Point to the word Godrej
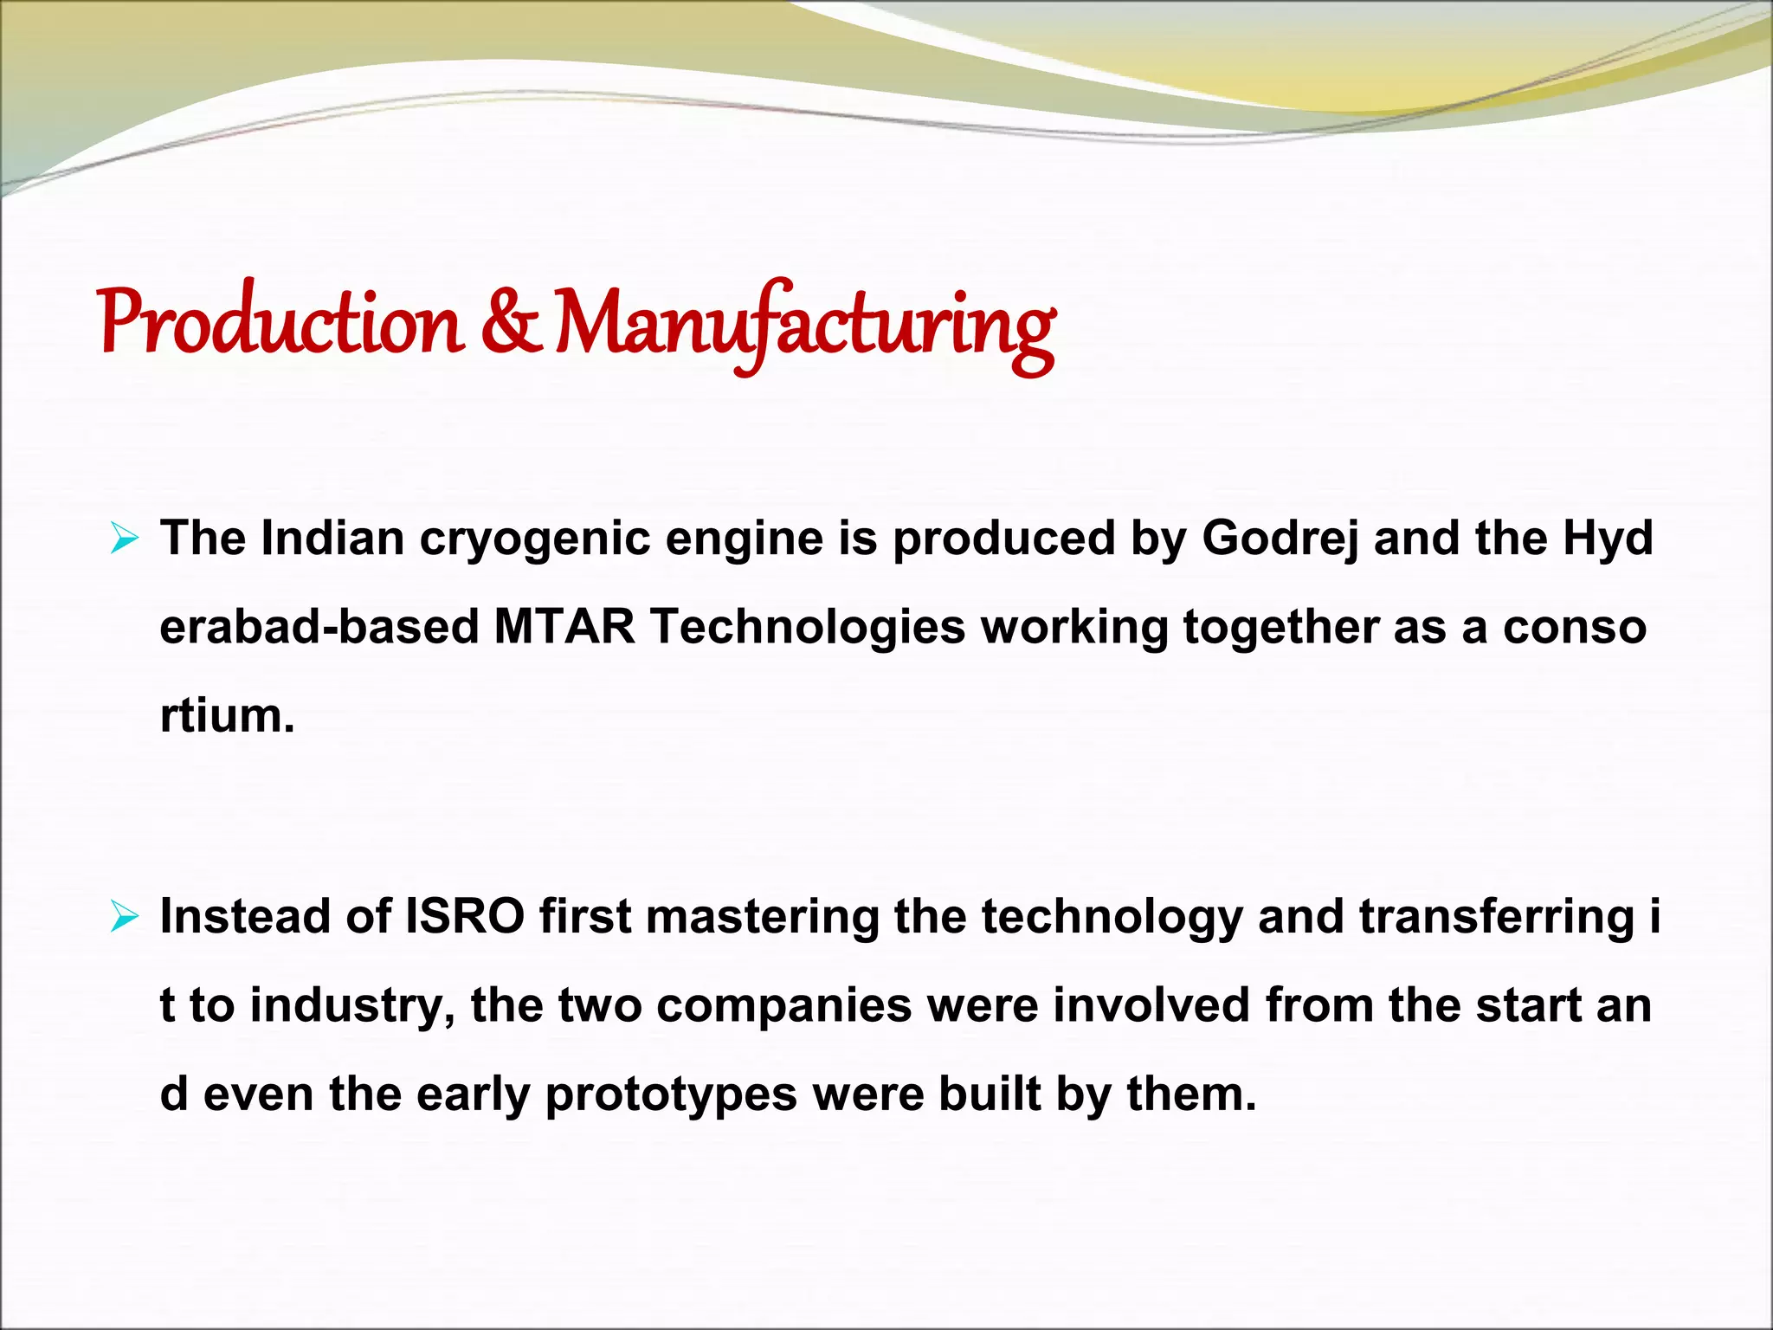1280,539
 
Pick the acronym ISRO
465,917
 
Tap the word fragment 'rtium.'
227,716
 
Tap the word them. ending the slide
1191,1094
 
